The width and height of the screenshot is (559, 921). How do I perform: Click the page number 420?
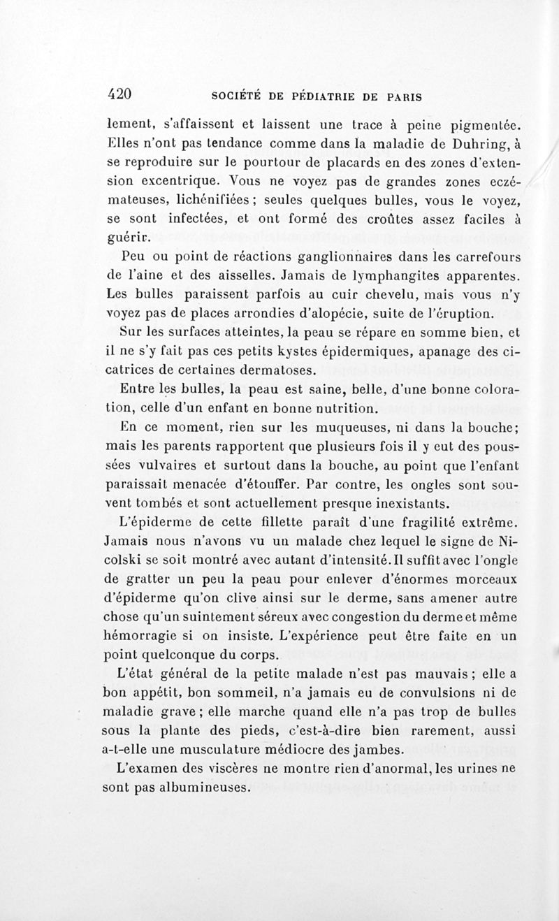[122, 94]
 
